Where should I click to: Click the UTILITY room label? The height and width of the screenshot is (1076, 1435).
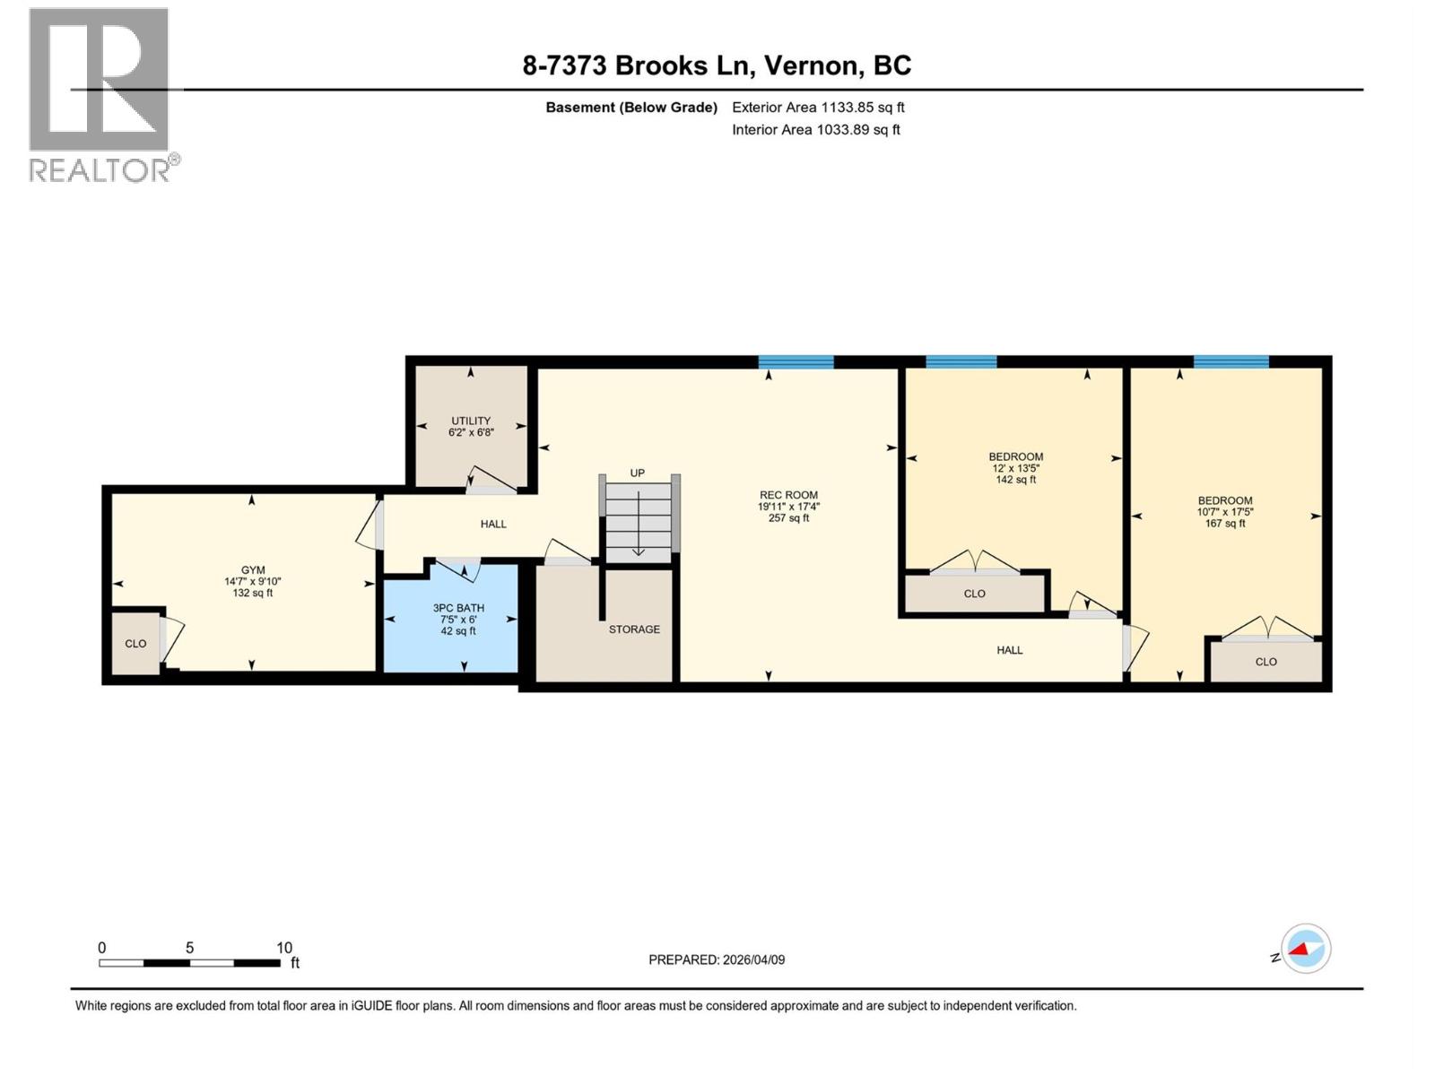[x=471, y=421]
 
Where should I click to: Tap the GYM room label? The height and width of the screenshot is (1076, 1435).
[x=253, y=570]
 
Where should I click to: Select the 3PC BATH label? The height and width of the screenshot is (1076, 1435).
[x=458, y=608]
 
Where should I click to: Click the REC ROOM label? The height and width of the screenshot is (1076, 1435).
[x=788, y=495]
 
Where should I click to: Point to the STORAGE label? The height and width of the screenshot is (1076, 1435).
[x=634, y=629]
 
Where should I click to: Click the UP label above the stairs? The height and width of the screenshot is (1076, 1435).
[x=637, y=473]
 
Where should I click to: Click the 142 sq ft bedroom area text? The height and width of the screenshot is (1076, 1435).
[x=1015, y=480]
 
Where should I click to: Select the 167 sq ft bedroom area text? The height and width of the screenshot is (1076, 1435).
[x=1225, y=524]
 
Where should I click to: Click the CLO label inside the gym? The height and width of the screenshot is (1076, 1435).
[x=135, y=644]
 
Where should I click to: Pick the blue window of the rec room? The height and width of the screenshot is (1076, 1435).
[x=796, y=362]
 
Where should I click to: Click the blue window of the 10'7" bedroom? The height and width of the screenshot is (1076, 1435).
[x=1231, y=362]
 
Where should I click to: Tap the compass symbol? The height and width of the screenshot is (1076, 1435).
[x=1305, y=949]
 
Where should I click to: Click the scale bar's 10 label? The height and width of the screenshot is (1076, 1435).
[x=284, y=948]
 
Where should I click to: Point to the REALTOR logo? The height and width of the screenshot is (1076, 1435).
[x=100, y=94]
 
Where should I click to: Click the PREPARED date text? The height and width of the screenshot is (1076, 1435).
[x=717, y=959]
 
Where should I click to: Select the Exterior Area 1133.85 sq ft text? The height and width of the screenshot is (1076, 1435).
[x=818, y=108]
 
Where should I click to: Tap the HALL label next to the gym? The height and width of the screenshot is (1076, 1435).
[x=493, y=525]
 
